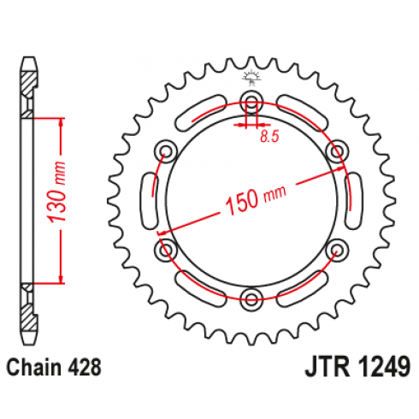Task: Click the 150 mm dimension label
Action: click(x=256, y=198)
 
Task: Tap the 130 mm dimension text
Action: click(x=57, y=192)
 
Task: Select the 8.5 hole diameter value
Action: click(x=269, y=137)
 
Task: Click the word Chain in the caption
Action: click(x=33, y=367)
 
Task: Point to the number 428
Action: click(x=84, y=367)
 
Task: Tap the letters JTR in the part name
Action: click(x=328, y=367)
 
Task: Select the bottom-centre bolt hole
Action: click(x=251, y=298)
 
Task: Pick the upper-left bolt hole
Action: click(x=165, y=151)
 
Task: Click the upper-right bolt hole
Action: click(x=337, y=151)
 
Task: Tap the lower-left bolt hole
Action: click(x=165, y=250)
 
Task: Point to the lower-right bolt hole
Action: click(x=337, y=250)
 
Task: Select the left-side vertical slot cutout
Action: click(x=149, y=200)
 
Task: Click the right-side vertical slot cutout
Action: click(x=353, y=200)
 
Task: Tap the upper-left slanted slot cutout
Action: click(x=201, y=113)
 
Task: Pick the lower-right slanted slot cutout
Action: click(x=301, y=288)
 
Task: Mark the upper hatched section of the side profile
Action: click(x=28, y=85)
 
